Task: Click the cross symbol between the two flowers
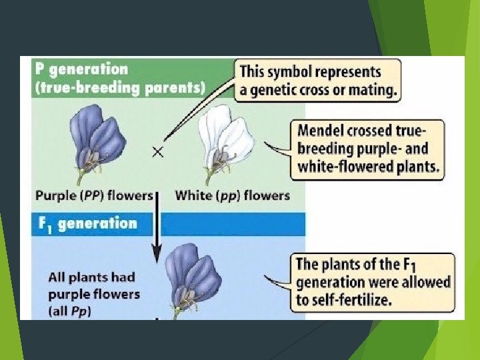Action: coord(158,152)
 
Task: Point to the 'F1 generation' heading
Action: coord(87,224)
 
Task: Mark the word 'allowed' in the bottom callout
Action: coord(427,283)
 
